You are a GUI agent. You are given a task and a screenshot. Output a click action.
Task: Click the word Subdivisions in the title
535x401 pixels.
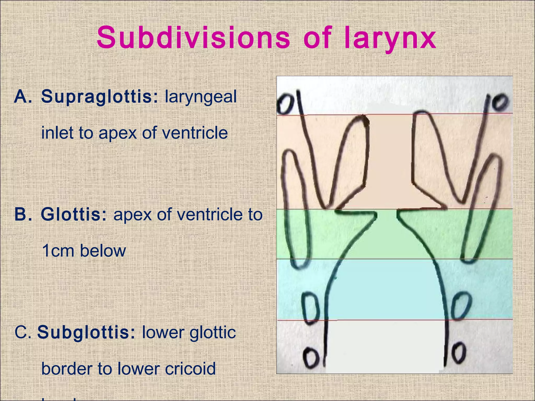coord(193,38)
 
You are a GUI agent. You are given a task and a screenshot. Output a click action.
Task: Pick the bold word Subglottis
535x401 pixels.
coord(86,333)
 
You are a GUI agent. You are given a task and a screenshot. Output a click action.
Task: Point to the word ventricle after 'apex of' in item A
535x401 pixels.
coord(195,133)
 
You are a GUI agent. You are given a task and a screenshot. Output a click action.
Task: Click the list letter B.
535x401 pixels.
coord(22,215)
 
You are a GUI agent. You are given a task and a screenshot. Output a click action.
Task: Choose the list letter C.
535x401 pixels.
coord(22,333)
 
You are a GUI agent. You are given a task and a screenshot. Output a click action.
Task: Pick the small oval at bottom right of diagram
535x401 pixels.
coord(459,354)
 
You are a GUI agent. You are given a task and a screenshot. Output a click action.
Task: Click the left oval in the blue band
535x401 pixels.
coord(310,308)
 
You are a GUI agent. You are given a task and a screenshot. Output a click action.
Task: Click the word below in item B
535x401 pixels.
coord(103,251)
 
